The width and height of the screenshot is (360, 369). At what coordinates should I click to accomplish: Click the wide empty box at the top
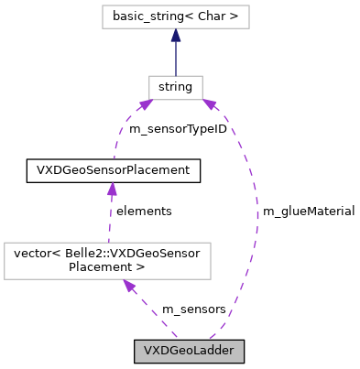coord(175,16)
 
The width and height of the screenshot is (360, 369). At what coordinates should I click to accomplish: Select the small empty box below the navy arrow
coord(175,88)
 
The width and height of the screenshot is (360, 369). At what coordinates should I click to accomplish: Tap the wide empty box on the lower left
coord(107,261)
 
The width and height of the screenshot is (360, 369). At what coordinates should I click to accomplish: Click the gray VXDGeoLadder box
coord(189,352)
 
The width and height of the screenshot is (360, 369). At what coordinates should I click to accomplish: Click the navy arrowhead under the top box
coord(175,36)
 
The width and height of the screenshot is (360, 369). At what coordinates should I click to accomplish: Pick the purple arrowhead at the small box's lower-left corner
coord(145,105)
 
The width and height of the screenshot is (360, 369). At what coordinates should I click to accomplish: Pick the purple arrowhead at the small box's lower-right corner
coord(210,106)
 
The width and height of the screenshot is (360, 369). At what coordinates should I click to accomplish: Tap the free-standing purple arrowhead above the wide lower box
coord(112,189)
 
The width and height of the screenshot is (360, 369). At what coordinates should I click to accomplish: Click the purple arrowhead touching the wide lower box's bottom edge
coord(130,287)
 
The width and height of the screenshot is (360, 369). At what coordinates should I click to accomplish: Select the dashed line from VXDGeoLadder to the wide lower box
coord(154,313)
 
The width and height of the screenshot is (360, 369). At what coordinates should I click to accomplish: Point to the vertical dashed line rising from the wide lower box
coord(110,220)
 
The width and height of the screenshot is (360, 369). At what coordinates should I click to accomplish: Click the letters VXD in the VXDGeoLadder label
coord(153,352)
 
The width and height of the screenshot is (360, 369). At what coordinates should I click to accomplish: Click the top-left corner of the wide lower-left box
coord(5,243)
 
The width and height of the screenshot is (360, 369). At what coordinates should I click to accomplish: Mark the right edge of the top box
coord(249,16)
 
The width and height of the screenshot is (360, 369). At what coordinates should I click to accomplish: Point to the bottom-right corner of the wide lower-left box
coord(211,278)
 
